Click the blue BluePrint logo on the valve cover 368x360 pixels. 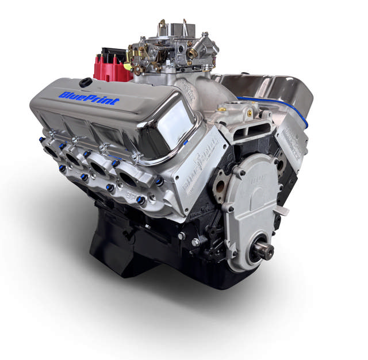point(89,98)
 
